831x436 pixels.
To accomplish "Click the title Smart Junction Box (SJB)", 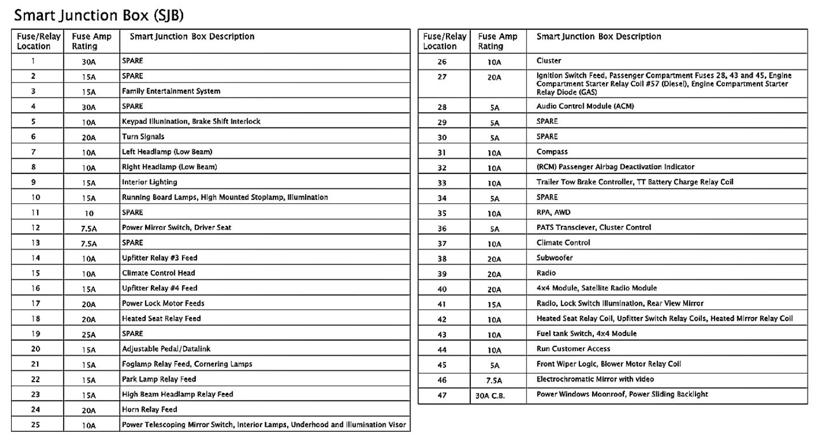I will pos(99,15).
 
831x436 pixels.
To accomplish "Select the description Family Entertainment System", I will pos(171,91).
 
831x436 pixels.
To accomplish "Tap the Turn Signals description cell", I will pos(143,137).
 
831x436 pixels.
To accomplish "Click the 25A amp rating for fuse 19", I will pos(88,334).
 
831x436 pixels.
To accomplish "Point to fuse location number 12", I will pos(35,228).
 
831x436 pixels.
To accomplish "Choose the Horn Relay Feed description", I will pos(149,410).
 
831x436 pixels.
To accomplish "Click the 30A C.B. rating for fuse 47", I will pos(490,395).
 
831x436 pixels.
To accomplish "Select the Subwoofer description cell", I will pos(554,258).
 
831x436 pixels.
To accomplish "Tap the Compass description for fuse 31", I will pos(552,152).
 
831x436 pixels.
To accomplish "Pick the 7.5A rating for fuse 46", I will pos(494,380).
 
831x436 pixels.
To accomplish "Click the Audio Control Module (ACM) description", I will pos(585,106).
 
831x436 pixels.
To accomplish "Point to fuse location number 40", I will pos(442,289).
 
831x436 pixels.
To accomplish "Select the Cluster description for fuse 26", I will pos(549,61).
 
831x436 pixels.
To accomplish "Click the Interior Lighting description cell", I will pos(149,182).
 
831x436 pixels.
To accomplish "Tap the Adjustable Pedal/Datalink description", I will pos(166,349).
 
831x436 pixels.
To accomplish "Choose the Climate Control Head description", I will pos(158,273).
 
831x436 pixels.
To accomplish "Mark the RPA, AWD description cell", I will pos(553,212).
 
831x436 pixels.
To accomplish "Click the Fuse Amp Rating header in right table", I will pos(497,41).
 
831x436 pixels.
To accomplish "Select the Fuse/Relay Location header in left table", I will pos(39,41).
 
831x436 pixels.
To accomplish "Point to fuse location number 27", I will pos(442,77).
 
